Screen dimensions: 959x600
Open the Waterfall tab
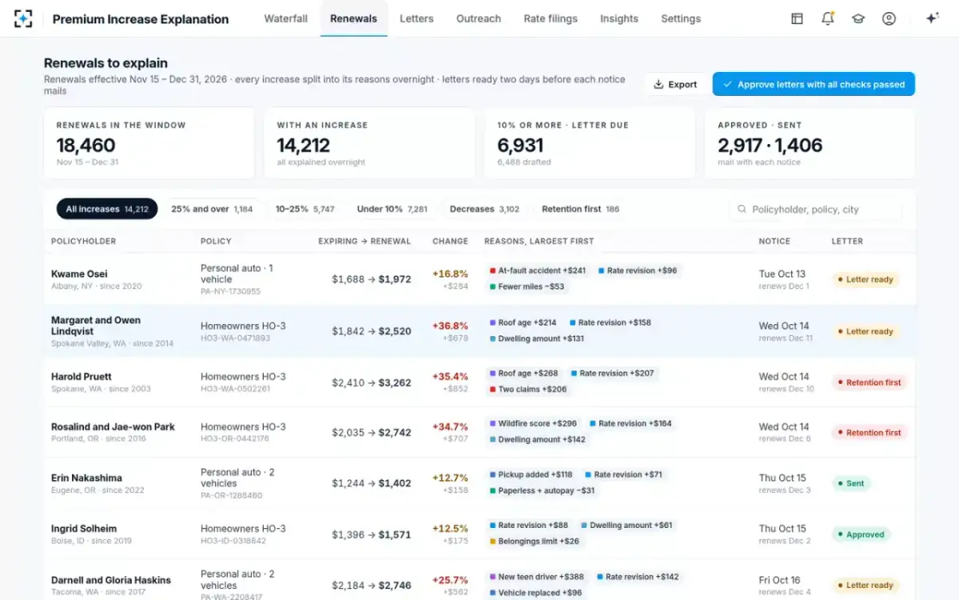pos(285,18)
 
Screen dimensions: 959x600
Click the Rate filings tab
pos(550,18)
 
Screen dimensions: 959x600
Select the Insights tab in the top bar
pos(619,18)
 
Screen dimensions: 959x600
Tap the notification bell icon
pos(828,18)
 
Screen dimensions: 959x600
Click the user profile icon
pos(889,18)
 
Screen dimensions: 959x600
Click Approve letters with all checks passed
pos(814,84)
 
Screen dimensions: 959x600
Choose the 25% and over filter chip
pos(212,209)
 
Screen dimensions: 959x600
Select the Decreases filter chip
pos(484,209)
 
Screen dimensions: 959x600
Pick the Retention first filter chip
pos(580,209)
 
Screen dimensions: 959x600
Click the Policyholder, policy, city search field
pos(816,209)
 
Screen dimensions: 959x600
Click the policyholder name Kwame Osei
pos(79,274)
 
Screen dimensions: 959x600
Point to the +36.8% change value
pos(450,326)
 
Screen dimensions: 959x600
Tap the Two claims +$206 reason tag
pos(528,389)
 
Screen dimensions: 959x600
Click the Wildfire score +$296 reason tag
pos(533,423)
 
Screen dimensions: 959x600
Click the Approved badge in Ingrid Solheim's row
pos(861,534)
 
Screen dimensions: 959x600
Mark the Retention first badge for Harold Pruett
pos(869,382)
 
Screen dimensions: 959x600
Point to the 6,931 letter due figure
pos(520,146)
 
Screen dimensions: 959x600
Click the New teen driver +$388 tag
pos(537,577)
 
